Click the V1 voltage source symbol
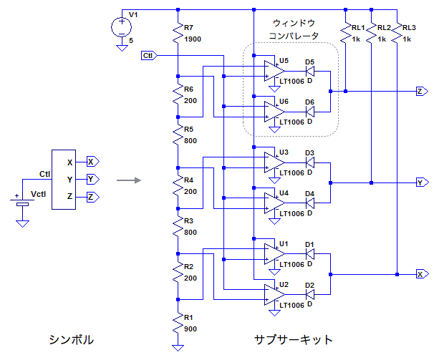[x=122, y=27]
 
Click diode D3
[x=311, y=162]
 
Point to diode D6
[x=311, y=112]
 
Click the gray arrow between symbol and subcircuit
[x=127, y=180]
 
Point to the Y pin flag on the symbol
[x=91, y=178]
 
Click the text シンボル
[x=71, y=339]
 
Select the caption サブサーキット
[x=294, y=339]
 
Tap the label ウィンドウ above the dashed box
[x=294, y=24]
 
